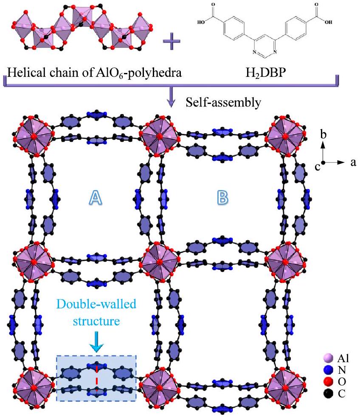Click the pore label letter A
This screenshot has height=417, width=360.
click(97, 197)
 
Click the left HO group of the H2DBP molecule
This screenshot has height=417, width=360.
click(201, 23)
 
